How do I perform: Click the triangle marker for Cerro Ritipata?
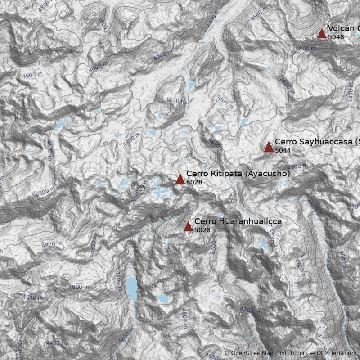pos(180,179)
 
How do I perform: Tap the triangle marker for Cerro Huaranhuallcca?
pos(188,226)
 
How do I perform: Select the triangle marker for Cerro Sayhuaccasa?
pos(269,147)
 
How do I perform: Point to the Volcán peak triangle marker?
pos(322,33)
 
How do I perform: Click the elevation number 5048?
pos(336,37)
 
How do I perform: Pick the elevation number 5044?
pos(283,150)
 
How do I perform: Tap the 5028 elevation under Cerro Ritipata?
pos(194,182)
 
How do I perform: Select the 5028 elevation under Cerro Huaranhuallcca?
pos(202,230)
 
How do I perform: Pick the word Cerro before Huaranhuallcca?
pos(205,221)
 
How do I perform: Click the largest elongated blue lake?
pos(131,288)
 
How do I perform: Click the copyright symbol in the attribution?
pos(227,353)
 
